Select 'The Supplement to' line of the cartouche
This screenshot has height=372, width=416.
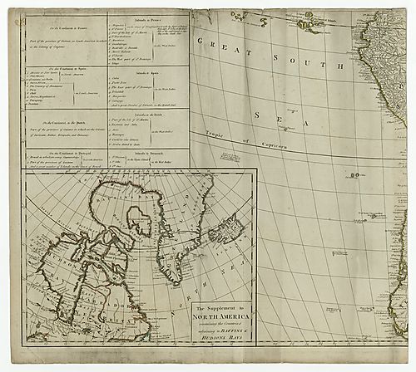[x=217, y=310]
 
